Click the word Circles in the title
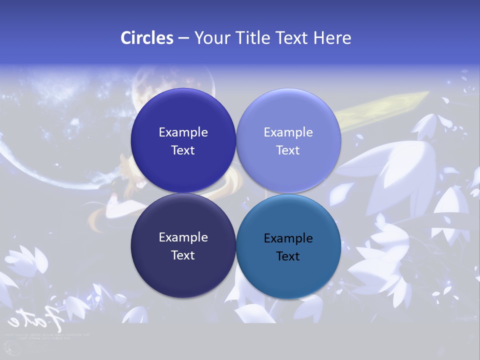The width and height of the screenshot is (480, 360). (147, 38)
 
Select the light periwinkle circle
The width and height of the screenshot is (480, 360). (288, 140)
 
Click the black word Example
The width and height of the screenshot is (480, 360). (288, 238)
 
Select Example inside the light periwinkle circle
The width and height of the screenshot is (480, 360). (288, 132)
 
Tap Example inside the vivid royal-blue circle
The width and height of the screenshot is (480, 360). (183, 132)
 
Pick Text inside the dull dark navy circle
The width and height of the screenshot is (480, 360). (182, 255)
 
